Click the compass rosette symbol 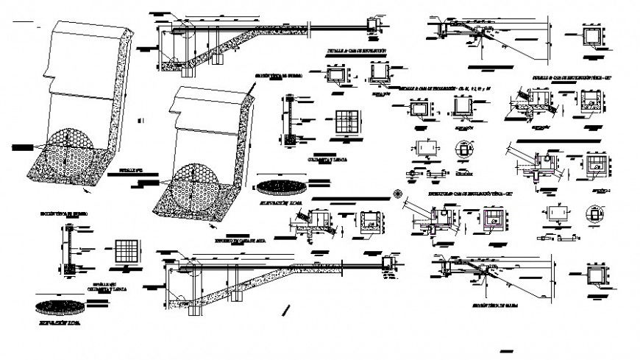(398, 194)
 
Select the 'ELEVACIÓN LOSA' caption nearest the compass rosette (282, 200)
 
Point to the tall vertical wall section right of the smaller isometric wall (291, 119)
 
